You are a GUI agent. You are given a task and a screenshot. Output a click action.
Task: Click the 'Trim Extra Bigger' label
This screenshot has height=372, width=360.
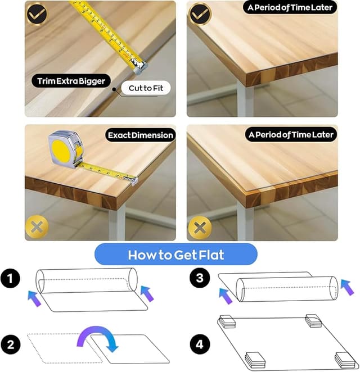click(x=71, y=81)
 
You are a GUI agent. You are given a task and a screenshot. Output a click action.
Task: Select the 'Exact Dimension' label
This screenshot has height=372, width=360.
click(x=141, y=135)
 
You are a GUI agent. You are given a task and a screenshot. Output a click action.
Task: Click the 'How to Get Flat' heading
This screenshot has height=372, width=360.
click(x=176, y=255)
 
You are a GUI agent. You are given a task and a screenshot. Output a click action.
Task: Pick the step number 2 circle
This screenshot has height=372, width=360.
click(x=11, y=342)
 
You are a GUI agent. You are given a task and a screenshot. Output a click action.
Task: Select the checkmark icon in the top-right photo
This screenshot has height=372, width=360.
click(x=200, y=13)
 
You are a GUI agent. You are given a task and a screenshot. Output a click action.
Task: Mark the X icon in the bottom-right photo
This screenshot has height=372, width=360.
click(x=200, y=228)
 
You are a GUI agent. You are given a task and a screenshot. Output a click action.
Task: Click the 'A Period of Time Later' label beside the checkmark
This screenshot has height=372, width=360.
click(x=290, y=8)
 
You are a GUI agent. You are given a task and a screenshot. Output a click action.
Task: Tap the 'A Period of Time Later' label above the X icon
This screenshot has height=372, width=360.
click(x=290, y=135)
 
